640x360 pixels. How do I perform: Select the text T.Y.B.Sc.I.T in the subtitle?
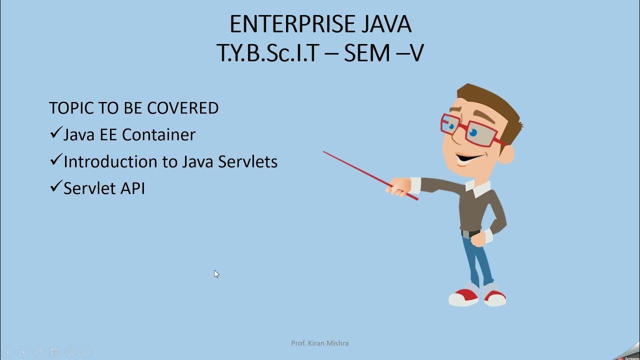[x=267, y=52]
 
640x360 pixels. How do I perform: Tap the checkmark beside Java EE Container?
[x=55, y=133]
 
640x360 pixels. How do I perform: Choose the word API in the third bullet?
[x=133, y=188]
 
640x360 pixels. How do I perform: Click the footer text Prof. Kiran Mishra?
[x=319, y=343]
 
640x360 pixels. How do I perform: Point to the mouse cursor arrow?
[x=216, y=273]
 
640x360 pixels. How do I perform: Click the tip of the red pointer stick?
[x=324, y=151]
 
